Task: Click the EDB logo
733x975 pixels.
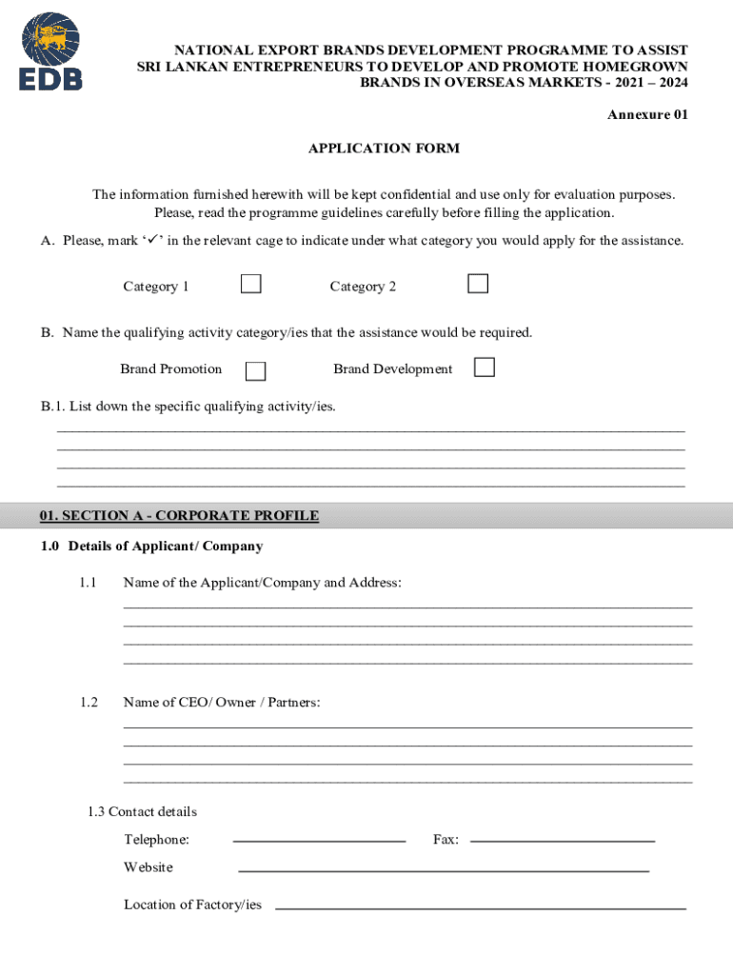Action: pos(51,51)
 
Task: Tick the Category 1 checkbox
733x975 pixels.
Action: pos(250,284)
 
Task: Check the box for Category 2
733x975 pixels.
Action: pos(478,284)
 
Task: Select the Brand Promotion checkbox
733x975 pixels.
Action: pos(255,371)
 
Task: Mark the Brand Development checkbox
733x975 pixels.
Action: pos(485,368)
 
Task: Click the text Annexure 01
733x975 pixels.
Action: pos(647,115)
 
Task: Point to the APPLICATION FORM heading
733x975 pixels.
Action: pos(384,149)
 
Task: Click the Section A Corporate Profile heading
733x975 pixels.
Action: pos(179,516)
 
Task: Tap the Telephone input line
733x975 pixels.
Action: pos(319,840)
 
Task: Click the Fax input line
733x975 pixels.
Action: pos(563,840)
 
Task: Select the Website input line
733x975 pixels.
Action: pos(443,870)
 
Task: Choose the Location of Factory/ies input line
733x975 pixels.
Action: pos(480,907)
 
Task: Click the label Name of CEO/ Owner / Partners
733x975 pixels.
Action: pos(222,703)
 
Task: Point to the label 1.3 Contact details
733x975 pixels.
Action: pos(142,812)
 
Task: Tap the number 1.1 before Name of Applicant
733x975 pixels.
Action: pos(89,583)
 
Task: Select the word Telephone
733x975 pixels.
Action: pos(156,840)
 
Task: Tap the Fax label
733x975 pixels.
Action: pos(446,840)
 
